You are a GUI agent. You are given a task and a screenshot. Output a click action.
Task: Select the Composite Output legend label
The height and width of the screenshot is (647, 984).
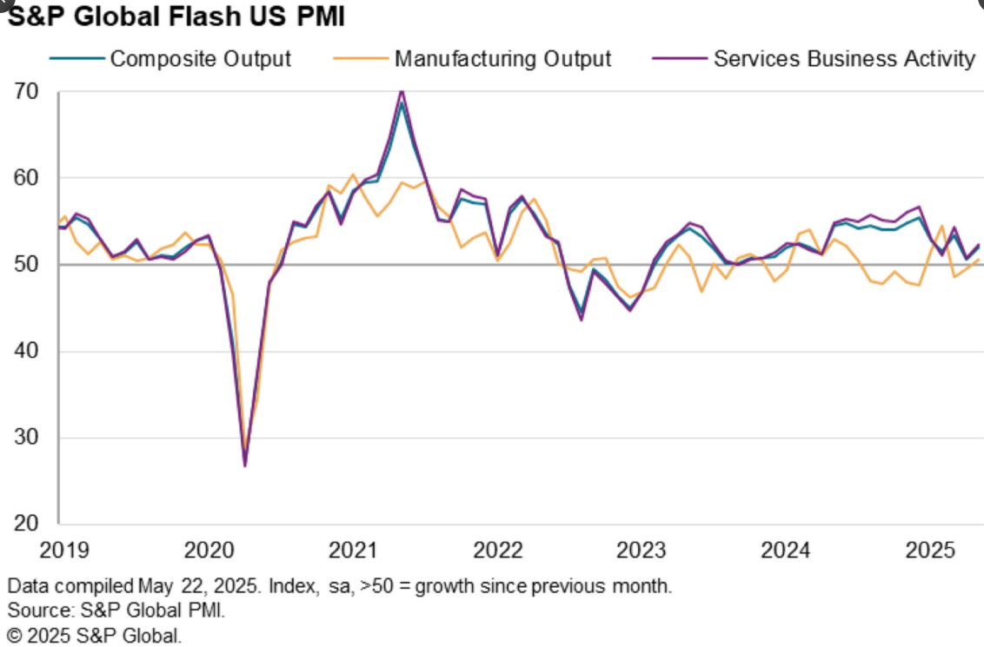201,59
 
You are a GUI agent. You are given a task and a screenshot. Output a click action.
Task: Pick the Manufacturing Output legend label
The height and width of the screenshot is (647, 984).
502,59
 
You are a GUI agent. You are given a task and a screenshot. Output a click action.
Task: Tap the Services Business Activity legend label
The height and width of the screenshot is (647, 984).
844,59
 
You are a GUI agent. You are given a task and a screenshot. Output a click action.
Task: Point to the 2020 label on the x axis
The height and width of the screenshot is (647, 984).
209,551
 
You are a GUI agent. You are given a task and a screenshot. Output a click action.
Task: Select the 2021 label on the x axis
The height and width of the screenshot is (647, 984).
354,551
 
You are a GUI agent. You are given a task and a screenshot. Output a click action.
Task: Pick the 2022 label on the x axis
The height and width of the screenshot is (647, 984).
498,551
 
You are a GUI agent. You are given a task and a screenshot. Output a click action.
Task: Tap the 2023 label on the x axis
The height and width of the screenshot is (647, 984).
642,551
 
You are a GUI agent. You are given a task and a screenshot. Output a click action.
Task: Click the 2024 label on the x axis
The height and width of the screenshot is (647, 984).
787,551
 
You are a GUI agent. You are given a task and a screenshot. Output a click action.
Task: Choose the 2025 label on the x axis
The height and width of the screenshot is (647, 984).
931,551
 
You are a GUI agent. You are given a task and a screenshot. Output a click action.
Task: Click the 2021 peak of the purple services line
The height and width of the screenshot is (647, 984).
401,90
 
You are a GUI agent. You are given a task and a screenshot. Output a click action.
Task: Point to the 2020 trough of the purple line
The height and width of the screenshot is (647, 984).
245,466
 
